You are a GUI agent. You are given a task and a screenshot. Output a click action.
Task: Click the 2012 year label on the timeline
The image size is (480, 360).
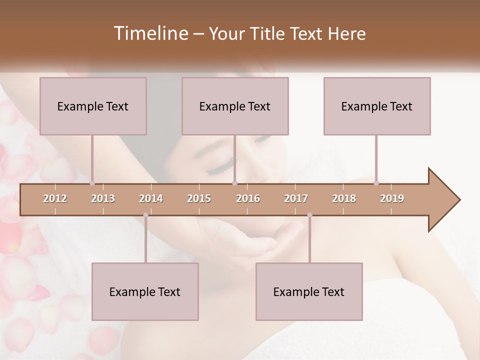coord(55,198)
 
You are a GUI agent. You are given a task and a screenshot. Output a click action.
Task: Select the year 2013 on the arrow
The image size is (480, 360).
coord(103,198)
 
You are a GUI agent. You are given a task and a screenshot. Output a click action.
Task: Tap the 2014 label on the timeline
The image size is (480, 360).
coord(151,198)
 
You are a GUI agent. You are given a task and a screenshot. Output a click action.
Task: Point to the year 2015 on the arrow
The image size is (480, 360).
coord(199,198)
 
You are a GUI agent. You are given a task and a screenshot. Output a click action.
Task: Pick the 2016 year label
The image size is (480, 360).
coord(248,198)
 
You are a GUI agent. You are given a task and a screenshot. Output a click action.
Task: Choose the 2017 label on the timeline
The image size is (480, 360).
coord(296,198)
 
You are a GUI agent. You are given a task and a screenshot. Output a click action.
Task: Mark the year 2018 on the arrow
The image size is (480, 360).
coord(344,198)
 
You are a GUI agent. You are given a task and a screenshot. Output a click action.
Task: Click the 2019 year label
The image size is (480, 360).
coord(392,198)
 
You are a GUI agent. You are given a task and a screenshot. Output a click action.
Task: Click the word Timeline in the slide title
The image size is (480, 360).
coord(150,33)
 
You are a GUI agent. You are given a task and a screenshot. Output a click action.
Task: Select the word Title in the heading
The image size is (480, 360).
coord(265,34)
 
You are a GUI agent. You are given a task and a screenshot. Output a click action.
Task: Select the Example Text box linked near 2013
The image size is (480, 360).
coord(93,106)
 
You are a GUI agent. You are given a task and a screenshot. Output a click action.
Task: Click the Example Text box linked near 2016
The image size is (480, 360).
coord(235,106)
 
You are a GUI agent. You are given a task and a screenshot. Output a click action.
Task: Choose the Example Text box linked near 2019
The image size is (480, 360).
coord(377,106)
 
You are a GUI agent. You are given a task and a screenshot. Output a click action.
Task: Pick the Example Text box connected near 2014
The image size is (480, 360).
coord(145,291)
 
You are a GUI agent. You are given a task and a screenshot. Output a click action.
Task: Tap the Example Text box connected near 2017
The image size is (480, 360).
coord(309,291)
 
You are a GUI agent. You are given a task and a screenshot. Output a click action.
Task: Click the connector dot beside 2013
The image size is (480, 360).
coord(92,183)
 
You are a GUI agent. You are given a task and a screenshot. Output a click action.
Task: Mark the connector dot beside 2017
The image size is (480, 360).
coord(309,215)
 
